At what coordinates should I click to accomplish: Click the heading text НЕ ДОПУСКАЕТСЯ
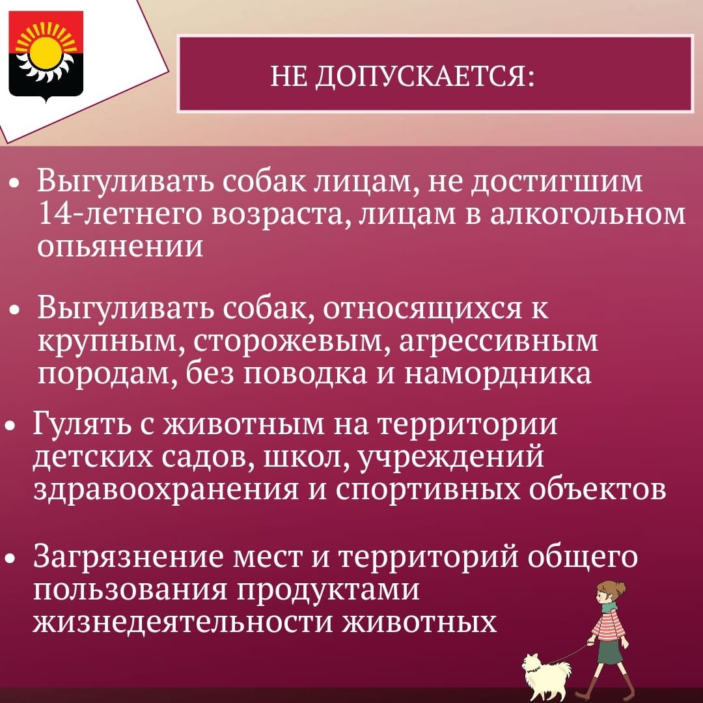402,76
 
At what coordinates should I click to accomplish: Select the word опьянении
120,246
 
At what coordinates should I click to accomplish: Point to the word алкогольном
587,214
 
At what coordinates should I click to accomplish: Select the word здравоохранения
165,489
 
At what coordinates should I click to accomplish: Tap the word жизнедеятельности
182,622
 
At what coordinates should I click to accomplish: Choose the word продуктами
327,590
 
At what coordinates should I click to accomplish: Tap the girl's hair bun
620,588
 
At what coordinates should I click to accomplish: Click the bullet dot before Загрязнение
10,558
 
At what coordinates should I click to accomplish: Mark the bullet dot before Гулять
10,426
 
